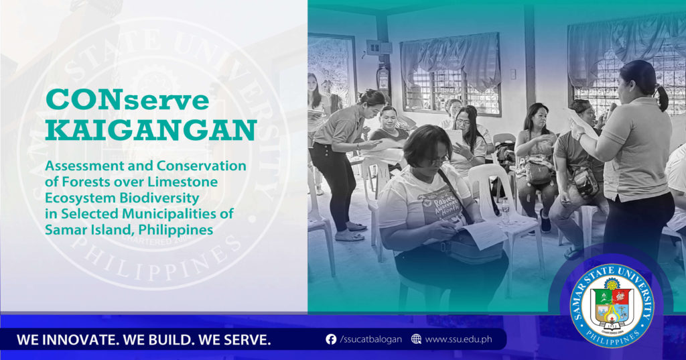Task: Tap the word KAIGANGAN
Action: click(151, 131)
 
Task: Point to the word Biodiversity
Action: click(159, 198)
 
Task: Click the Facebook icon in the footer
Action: click(331, 339)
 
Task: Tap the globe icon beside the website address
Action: click(416, 339)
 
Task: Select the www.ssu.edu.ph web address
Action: click(458, 339)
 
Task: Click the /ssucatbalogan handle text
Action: click(370, 339)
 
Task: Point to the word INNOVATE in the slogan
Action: click(80, 340)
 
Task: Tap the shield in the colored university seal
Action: click(612, 305)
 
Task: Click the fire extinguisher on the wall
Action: click(383, 78)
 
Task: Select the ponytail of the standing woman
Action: click(662, 98)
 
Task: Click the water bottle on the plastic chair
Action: click(506, 211)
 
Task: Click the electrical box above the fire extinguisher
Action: click(379, 47)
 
